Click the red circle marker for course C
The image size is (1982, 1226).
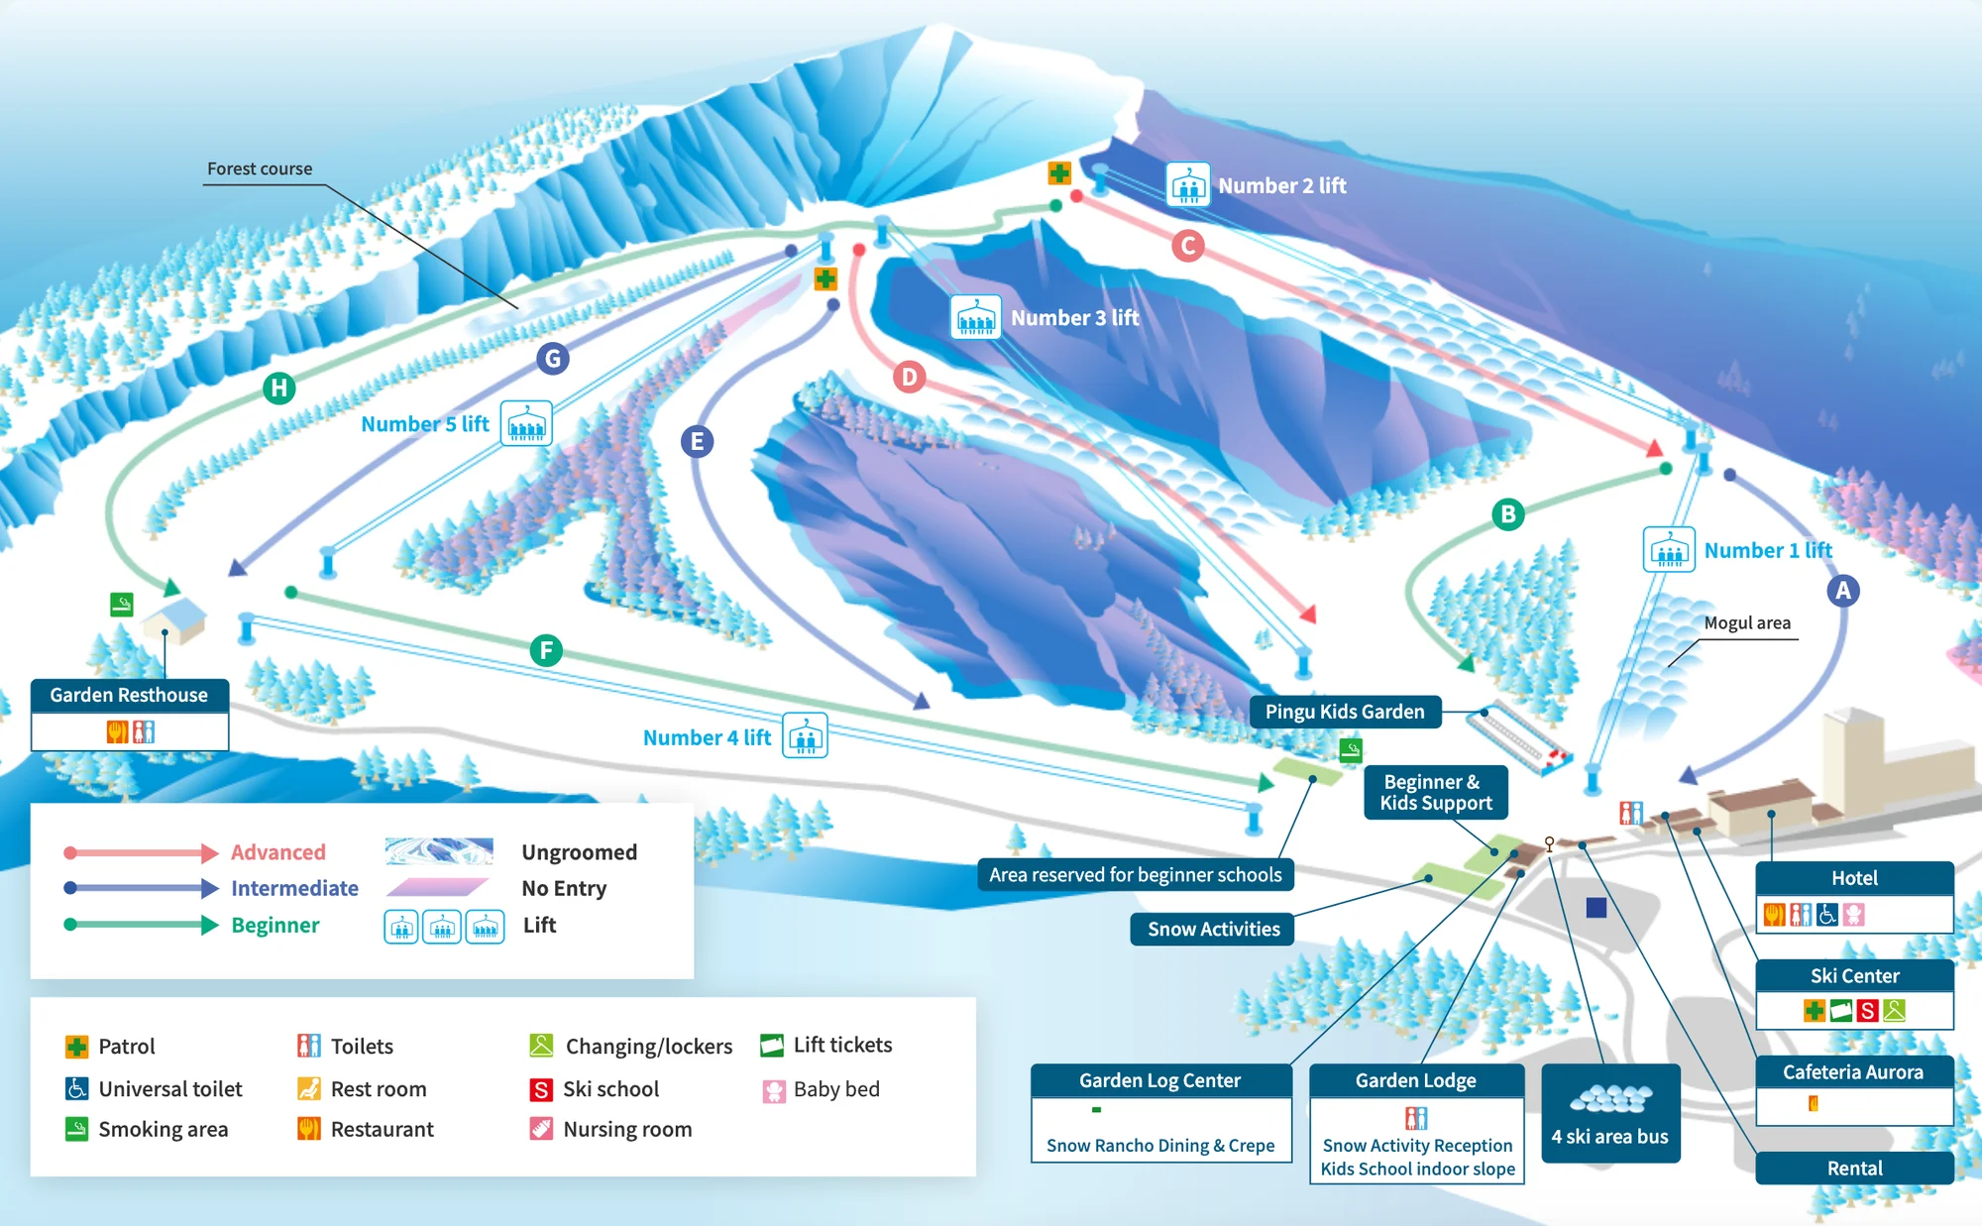1187,245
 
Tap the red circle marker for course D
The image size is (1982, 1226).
909,377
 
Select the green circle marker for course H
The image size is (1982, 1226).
279,388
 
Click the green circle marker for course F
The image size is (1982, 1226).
546,650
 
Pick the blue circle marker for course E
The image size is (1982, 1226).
697,441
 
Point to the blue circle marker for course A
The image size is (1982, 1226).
1842,591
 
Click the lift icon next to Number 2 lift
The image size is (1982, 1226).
1187,184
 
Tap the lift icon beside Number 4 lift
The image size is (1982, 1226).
805,736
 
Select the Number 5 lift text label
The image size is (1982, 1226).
425,424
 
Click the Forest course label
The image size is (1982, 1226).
260,168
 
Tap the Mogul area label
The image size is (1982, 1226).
1747,622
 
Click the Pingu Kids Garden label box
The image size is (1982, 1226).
1345,712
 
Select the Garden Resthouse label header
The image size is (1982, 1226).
129,695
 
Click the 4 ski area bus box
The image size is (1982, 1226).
1610,1112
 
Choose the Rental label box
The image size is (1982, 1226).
1854,1168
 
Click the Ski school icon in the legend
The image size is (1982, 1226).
541,1089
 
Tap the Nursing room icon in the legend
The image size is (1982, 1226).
541,1129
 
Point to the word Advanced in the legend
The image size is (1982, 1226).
278,852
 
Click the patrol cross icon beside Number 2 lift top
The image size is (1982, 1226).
1059,173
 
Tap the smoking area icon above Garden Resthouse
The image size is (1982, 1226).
121,604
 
